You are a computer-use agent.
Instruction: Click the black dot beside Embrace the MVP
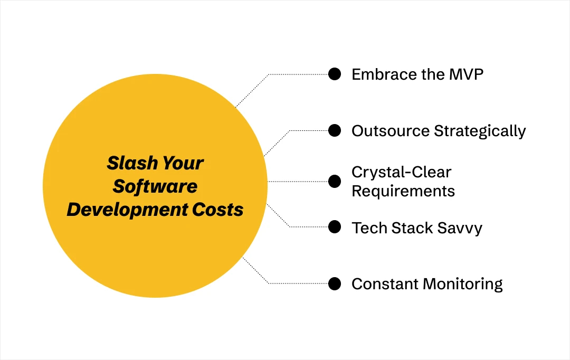point(335,74)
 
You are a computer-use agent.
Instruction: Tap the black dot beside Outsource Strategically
point(335,130)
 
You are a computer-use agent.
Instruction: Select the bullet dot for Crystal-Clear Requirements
point(335,181)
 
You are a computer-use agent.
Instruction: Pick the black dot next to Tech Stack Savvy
point(335,227)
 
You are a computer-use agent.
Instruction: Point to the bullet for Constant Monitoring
point(335,283)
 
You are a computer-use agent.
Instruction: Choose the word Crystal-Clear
point(402,172)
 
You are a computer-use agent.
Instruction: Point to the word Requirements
point(403,191)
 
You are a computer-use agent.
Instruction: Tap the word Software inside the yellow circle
point(155,186)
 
